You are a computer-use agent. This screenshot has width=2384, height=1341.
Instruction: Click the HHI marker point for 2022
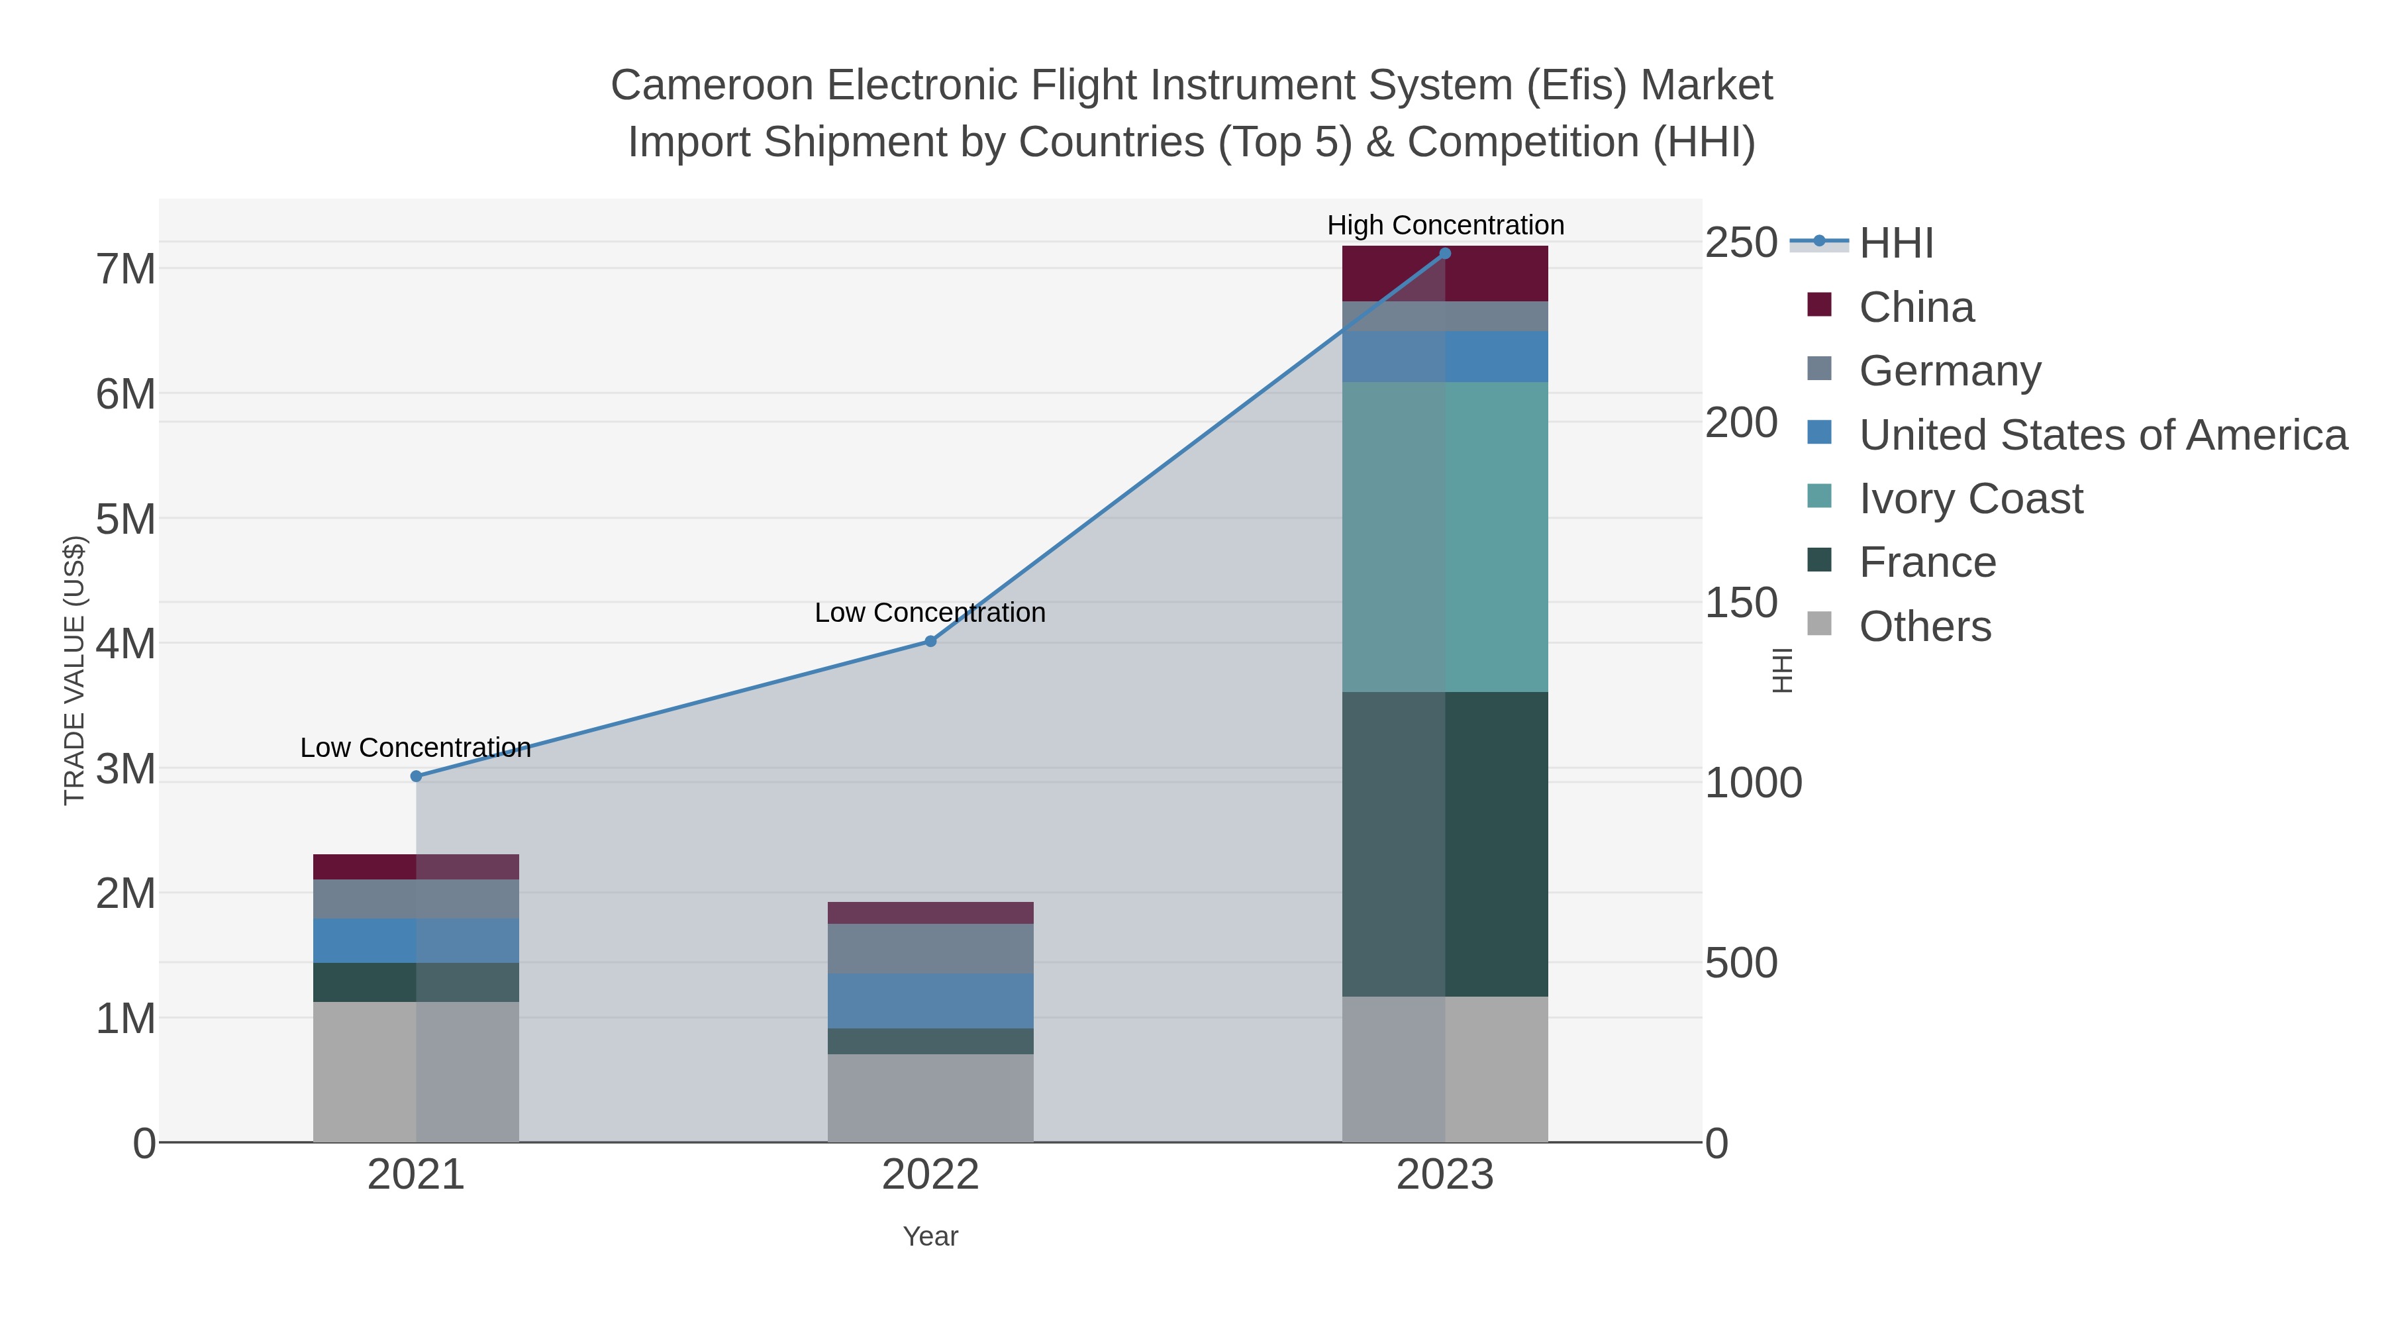[x=930, y=641]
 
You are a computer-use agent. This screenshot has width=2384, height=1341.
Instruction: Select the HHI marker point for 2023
[x=1445, y=254]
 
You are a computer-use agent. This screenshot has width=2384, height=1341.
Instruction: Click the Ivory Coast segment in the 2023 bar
[x=1445, y=537]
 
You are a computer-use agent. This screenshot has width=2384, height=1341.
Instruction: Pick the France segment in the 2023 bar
[x=1445, y=844]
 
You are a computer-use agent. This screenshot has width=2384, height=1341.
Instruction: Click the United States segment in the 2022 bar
[x=930, y=1001]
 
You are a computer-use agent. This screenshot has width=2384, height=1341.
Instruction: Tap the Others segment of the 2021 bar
[x=415, y=1071]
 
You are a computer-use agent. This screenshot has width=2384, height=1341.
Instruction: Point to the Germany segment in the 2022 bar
[x=930, y=948]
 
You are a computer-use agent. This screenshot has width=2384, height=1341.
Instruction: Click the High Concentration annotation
[x=1445, y=225]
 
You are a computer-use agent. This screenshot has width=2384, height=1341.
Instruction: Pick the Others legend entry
[x=1925, y=626]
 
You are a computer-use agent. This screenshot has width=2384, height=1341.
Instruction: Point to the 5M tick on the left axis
[x=126, y=519]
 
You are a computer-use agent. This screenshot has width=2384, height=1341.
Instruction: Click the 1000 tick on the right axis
[x=1753, y=783]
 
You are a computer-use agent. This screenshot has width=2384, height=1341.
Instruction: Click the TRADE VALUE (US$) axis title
[x=74, y=670]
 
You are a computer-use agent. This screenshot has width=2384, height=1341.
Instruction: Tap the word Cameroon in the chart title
[x=712, y=85]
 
